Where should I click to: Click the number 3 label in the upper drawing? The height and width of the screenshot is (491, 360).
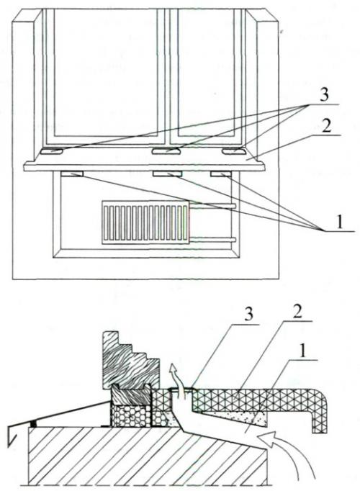point(324,95)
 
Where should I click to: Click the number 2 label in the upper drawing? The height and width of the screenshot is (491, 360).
point(326,126)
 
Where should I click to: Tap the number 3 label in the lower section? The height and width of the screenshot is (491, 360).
point(248,315)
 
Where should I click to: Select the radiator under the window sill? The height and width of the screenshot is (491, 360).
point(145,222)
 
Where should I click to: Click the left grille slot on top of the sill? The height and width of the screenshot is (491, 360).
point(51,152)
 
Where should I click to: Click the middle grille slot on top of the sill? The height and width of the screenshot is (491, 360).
point(166,152)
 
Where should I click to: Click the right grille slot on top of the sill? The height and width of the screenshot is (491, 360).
point(235,152)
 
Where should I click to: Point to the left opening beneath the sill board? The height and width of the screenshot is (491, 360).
point(72,174)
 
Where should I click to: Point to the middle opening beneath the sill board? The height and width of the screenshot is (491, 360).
point(166,174)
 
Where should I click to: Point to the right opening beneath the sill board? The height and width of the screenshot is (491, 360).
point(221,174)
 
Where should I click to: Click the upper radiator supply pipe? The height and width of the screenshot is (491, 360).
point(212,205)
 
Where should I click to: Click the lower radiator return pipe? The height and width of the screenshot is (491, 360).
point(212,240)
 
